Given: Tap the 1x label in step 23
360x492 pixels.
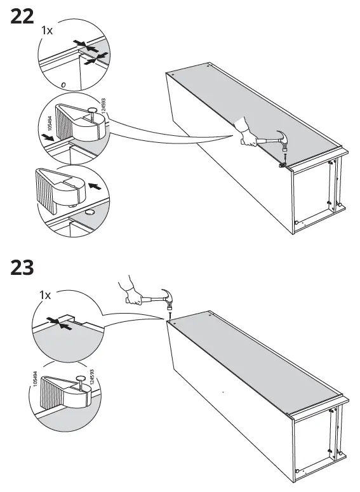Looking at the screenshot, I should [x=45, y=295].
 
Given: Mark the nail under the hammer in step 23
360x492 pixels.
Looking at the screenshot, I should [x=170, y=314].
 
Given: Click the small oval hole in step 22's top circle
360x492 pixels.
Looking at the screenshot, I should [x=63, y=84].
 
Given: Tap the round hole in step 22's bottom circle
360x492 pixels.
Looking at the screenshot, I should [x=89, y=213].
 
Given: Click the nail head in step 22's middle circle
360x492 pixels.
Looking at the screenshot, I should [x=93, y=110].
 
